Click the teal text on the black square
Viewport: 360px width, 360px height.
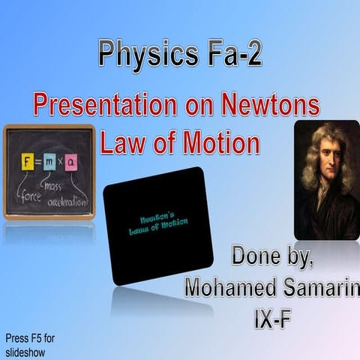[x=153, y=223]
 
